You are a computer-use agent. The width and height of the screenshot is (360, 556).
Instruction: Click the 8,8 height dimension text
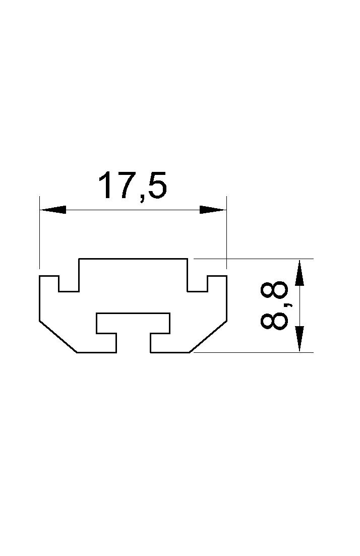coord(274,305)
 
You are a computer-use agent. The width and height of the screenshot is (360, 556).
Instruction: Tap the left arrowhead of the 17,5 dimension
coord(53,210)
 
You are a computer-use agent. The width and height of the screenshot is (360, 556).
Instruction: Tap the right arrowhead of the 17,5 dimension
coord(213,210)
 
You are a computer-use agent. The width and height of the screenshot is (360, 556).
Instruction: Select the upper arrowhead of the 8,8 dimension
coord(299,272)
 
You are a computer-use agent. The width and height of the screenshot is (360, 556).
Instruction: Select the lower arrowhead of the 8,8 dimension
coord(299,339)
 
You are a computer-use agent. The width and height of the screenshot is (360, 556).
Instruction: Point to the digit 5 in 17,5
coord(158,185)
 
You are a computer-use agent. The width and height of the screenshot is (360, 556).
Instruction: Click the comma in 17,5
coord(143,199)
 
